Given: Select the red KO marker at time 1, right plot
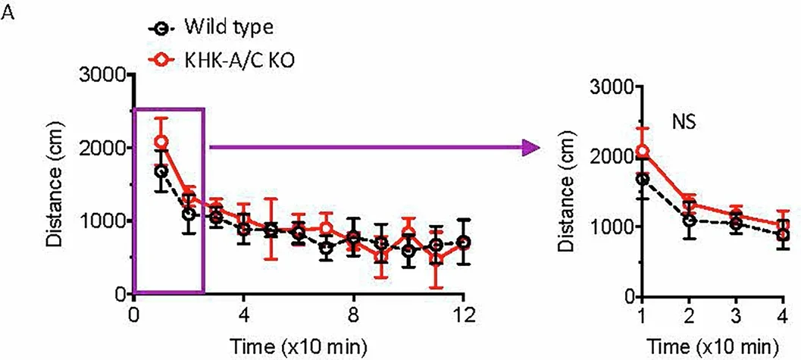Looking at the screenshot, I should pos(643,152).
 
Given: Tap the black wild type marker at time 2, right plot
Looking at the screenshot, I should pos(689,221).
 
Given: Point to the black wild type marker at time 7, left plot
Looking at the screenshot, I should pos(326,248).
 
